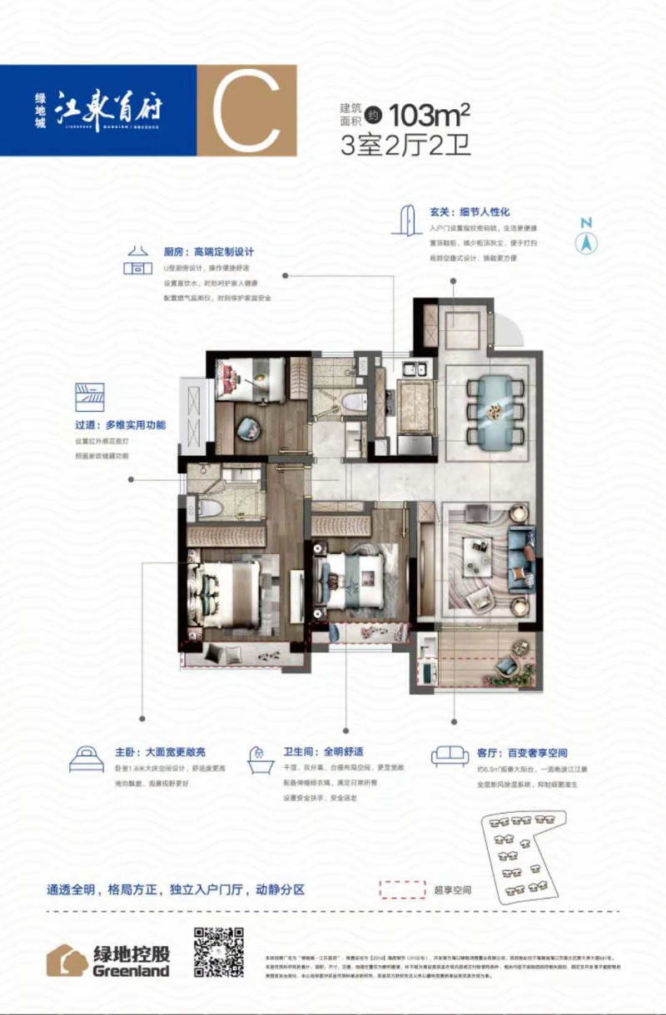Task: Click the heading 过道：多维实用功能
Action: click(120, 425)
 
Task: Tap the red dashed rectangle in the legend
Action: click(402, 889)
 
